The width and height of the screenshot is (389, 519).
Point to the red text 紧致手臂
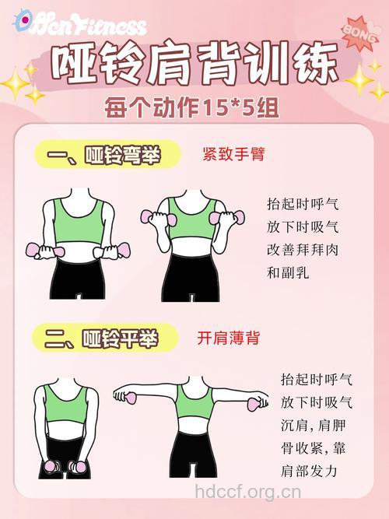233,155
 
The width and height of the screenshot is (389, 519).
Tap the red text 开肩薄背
228,338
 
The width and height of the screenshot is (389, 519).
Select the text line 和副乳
288,273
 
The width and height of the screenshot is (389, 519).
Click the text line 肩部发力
309,472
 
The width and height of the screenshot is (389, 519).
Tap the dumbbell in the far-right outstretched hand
254,404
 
